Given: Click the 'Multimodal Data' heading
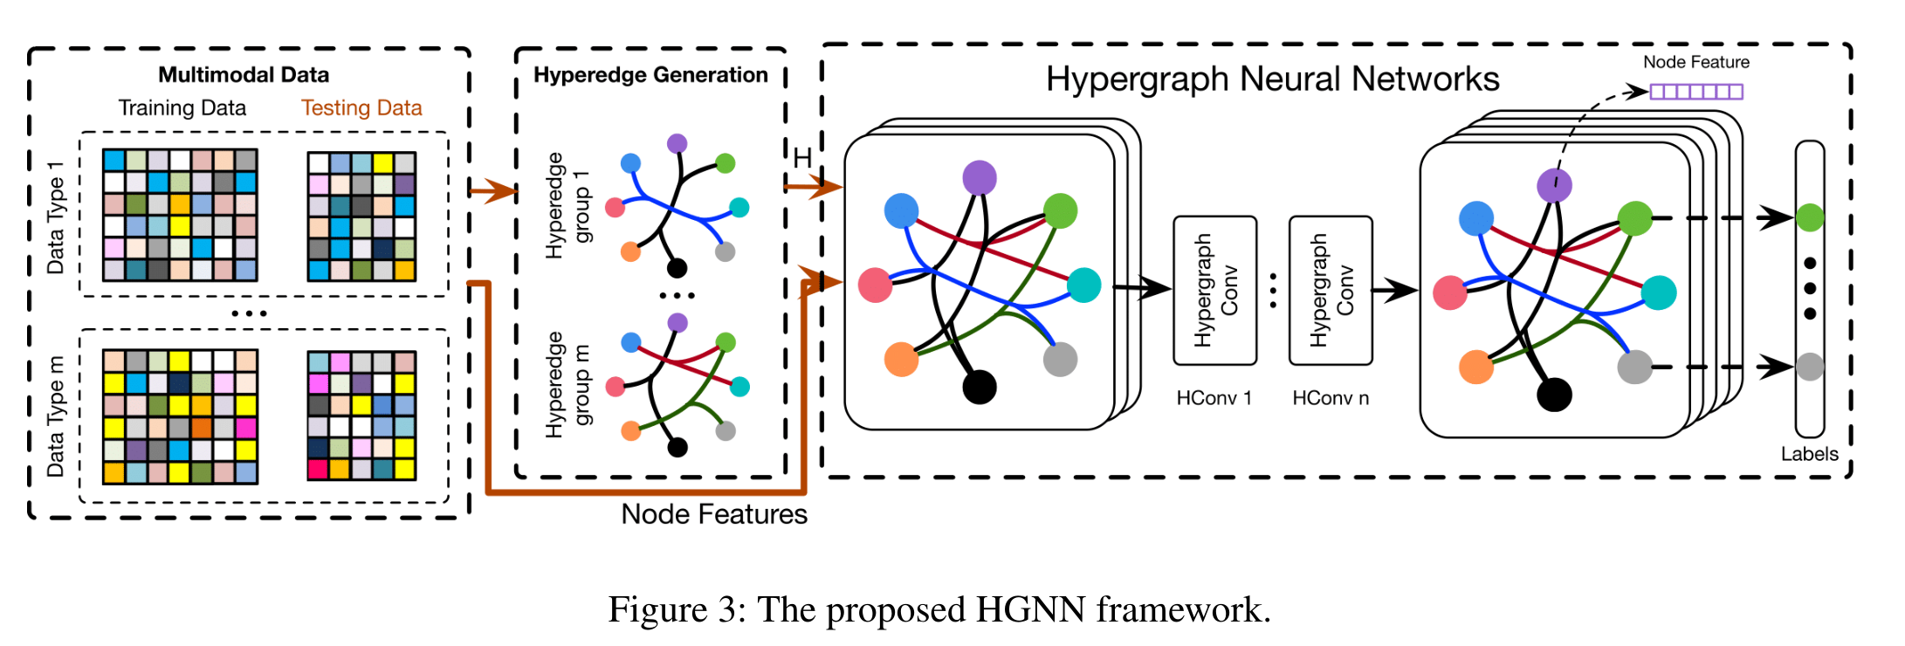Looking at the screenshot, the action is point(244,75).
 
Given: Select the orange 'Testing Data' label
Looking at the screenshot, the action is point(361,108).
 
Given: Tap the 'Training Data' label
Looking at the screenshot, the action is point(182,108).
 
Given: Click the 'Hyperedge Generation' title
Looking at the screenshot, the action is point(650,75).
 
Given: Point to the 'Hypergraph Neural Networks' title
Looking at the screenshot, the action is point(1272,79).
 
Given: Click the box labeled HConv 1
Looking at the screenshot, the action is point(1214,291).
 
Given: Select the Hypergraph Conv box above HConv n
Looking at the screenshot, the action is point(1331,291).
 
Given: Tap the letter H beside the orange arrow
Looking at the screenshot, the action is point(802,157).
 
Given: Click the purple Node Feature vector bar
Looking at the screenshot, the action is point(1695,92).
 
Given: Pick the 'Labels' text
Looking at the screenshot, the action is point(1809,454).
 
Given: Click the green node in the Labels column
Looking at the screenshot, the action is point(1810,217).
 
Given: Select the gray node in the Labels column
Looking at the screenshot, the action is point(1810,367).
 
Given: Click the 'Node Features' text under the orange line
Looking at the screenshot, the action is point(713,514).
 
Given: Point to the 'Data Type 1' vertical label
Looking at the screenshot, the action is point(56,217).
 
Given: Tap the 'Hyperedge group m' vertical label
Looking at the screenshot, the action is point(567,384).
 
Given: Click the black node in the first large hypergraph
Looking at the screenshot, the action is point(980,387).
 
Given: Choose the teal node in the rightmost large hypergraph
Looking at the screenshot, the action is point(1659,292).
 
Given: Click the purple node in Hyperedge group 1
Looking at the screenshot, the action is point(677,143).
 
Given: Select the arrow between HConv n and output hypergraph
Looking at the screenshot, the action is point(1395,290).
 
